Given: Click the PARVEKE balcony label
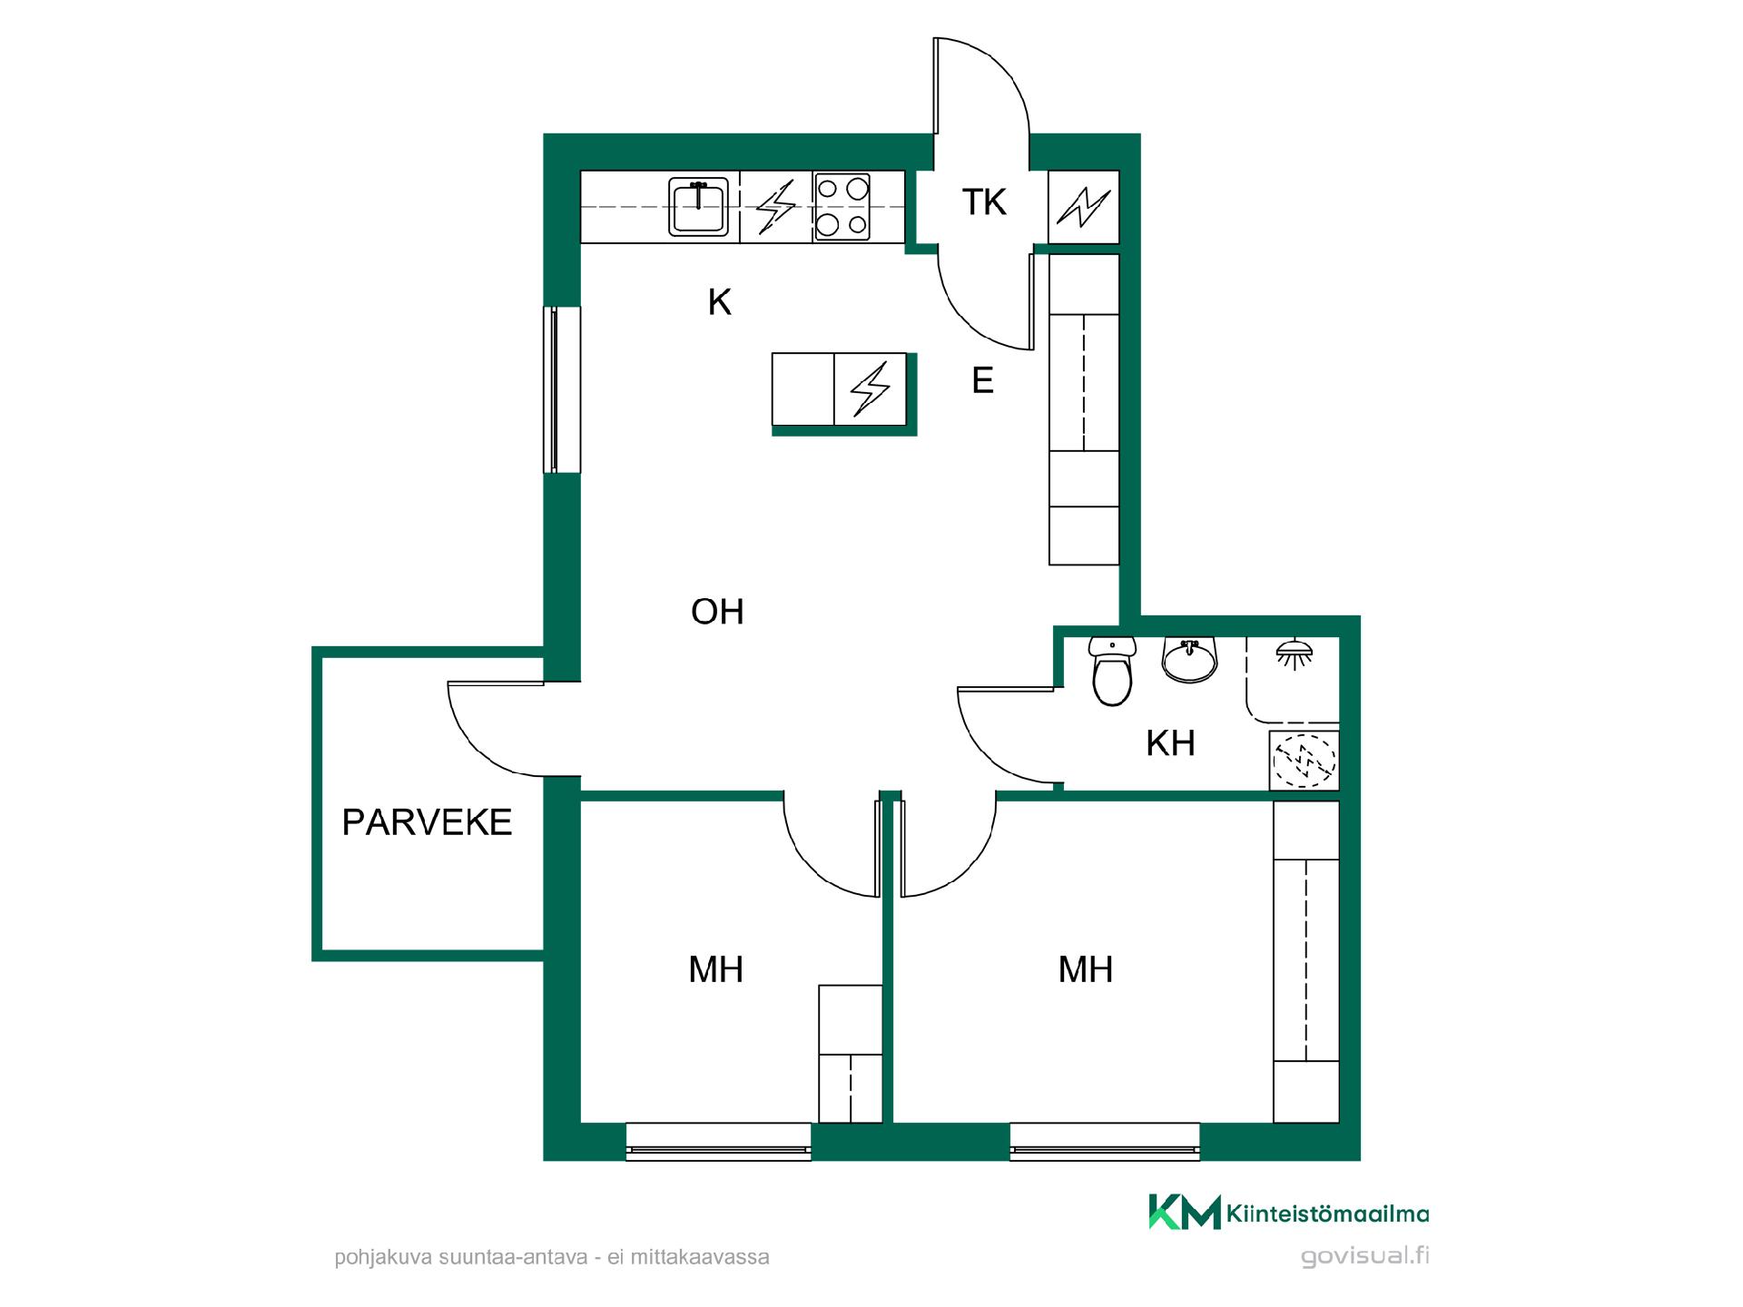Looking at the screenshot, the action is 427,822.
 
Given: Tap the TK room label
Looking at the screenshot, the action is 984,202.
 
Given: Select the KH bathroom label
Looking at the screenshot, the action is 1170,743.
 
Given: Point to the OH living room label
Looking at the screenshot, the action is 717,612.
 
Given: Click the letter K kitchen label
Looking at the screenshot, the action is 720,302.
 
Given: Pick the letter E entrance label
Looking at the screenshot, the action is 982,380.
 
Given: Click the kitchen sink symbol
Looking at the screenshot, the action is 698,207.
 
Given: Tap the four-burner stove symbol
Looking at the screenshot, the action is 842,207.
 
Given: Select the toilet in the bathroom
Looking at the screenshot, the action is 1113,671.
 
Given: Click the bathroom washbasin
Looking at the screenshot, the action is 1189,659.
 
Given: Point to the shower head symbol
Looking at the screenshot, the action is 1292,655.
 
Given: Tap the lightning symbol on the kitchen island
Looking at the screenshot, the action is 870,388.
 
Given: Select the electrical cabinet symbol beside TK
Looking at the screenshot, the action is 1083,207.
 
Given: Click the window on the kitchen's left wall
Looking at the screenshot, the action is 562,389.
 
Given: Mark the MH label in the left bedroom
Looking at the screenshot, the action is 716,970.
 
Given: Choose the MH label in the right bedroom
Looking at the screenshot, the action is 1086,970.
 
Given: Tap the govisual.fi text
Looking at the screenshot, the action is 1364,1256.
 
